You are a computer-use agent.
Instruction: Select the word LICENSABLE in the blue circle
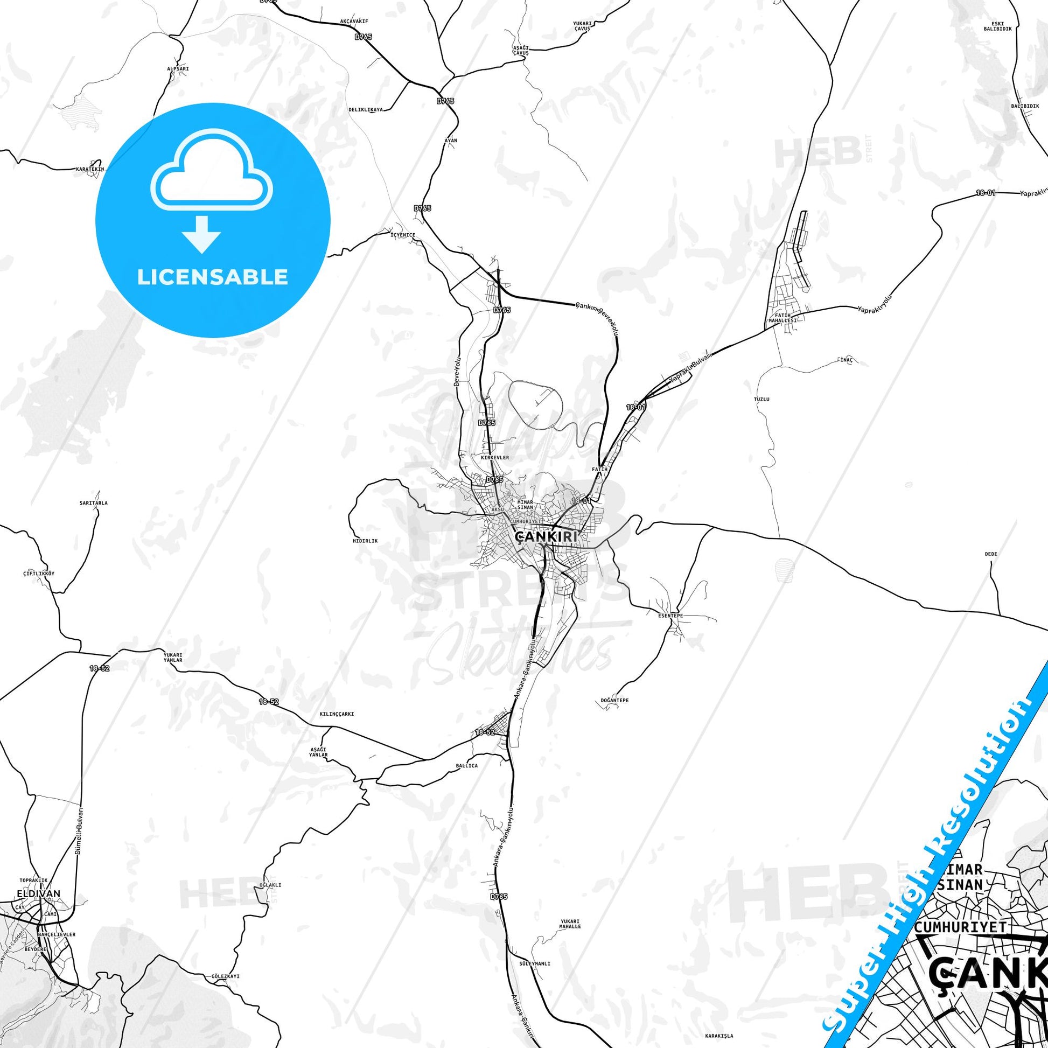pyautogui.click(x=212, y=277)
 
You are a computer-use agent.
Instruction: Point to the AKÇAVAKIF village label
pyautogui.click(x=354, y=21)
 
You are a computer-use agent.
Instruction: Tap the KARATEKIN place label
pyautogui.click(x=89, y=169)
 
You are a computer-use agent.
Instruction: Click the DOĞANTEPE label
pyautogui.click(x=614, y=700)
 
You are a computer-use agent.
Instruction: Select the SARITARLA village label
pyautogui.click(x=93, y=503)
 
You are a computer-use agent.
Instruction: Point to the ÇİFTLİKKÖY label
pyautogui.click(x=39, y=573)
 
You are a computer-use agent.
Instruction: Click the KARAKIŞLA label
pyautogui.click(x=714, y=1035)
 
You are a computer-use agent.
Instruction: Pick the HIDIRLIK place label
pyautogui.click(x=365, y=541)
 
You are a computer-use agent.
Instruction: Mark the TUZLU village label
pyautogui.click(x=761, y=399)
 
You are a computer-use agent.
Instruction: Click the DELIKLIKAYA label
pyautogui.click(x=366, y=109)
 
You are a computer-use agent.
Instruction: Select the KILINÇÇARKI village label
pyautogui.click(x=336, y=715)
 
